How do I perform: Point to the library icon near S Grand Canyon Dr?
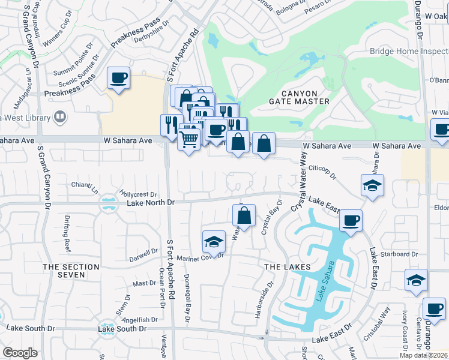point(59,116)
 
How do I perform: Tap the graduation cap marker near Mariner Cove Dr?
point(213,242)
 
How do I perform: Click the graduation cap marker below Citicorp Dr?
point(372,186)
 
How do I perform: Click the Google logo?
point(20,353)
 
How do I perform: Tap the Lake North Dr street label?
point(150,203)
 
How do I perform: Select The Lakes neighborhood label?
point(288,266)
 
